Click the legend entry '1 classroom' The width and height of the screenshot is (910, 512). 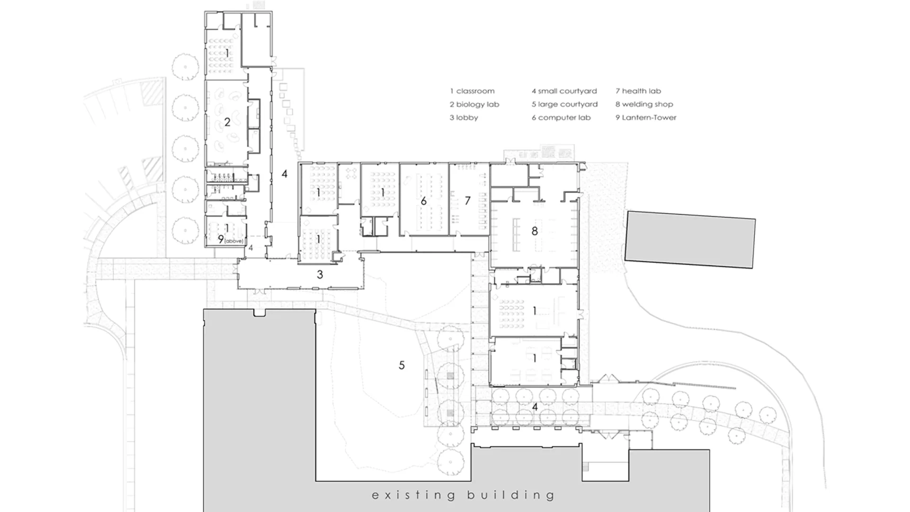coord(472,91)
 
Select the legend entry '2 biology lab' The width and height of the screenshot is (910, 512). coord(474,104)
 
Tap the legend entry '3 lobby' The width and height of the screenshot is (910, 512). coord(464,118)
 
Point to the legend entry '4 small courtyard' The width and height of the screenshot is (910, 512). coord(564,91)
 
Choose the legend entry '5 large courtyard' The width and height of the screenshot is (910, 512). coord(564,104)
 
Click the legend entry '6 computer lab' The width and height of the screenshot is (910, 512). coord(561,118)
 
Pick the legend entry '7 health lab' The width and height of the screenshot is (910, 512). coord(638,91)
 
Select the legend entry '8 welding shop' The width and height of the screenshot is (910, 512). coord(644,104)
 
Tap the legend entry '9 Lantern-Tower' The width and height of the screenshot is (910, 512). coord(646,118)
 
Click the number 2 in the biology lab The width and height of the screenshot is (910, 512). coord(227,122)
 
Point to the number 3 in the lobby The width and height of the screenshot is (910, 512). coord(320,274)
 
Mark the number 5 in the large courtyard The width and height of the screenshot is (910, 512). coord(402,365)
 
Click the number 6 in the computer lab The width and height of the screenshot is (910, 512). coord(424,201)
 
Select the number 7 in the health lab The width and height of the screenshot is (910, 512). coord(467,201)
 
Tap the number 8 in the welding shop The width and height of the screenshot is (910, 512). coord(535,231)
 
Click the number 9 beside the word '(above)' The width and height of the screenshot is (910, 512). coord(221,239)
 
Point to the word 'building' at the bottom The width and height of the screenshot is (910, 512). coord(510,496)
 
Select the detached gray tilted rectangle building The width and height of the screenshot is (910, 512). coord(690,240)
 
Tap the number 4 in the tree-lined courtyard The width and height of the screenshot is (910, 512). coord(535,407)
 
